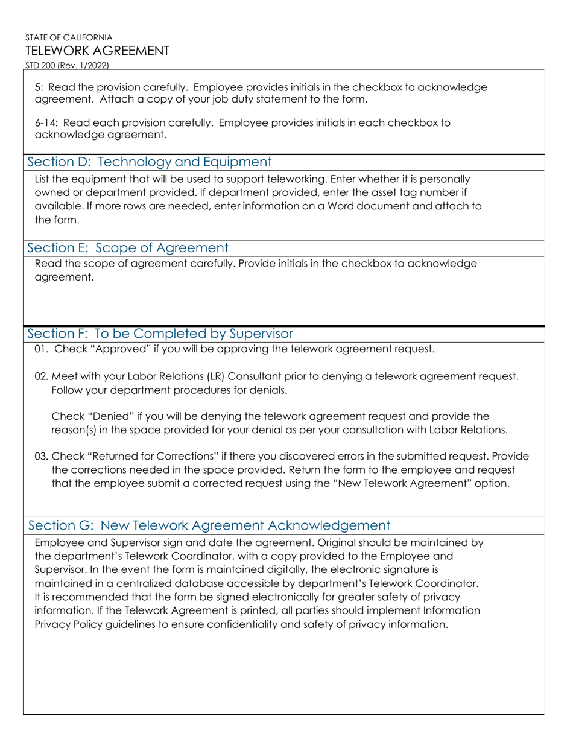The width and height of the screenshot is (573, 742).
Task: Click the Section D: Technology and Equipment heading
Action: point(150,162)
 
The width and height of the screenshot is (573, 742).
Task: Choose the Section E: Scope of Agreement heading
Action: point(128,248)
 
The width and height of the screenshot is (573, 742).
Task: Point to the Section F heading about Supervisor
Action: point(160,334)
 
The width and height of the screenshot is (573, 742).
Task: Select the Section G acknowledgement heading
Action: point(209,525)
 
